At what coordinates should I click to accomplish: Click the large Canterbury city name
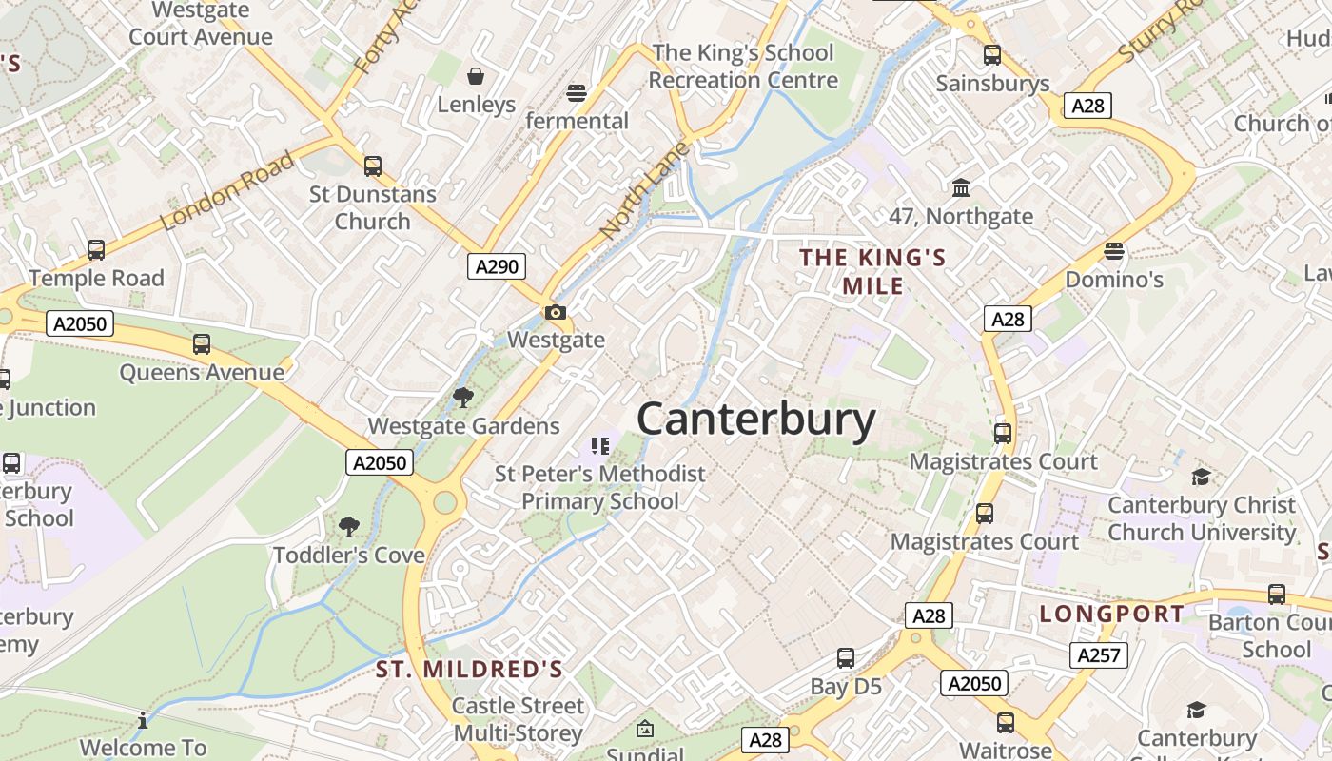tap(755, 419)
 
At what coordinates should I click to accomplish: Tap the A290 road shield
tap(497, 266)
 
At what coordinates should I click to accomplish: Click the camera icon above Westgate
tap(555, 312)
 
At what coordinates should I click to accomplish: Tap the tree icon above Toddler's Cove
tap(349, 526)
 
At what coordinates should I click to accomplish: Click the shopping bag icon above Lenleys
tap(475, 76)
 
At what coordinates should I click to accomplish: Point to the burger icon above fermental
tap(577, 92)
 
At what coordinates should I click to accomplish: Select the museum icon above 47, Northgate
tap(961, 187)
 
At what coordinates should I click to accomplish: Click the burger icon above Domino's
tap(1114, 251)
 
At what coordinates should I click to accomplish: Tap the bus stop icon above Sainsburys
tap(992, 55)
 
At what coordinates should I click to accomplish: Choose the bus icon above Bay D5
tap(846, 657)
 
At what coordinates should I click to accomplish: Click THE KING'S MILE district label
tap(872, 271)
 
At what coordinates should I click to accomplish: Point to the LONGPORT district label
tap(1111, 614)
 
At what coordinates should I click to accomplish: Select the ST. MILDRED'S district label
tap(469, 670)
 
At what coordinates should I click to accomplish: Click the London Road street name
tap(227, 190)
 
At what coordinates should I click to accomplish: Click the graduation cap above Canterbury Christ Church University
tap(1201, 477)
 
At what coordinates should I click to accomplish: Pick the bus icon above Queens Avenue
tap(202, 344)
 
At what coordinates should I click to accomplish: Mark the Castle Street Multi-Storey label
tap(518, 719)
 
